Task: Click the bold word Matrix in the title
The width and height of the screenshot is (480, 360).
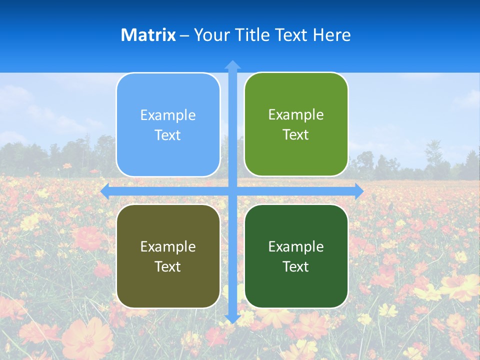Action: coord(148,35)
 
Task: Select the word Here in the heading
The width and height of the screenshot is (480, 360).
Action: coord(331,35)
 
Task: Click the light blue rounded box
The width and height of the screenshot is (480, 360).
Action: coord(168,125)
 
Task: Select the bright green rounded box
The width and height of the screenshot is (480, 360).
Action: coord(296,124)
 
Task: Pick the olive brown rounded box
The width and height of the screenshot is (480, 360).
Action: coord(168,256)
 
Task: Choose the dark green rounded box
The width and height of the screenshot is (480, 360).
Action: coord(296,256)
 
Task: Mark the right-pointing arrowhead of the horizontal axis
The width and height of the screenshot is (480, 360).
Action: coord(359,191)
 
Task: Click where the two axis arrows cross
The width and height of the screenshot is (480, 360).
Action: coord(232,191)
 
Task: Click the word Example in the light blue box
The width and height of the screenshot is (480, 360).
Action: coord(168,115)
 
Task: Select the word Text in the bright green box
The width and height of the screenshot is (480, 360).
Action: coord(296,135)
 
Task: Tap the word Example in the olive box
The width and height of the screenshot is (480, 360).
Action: coord(168,246)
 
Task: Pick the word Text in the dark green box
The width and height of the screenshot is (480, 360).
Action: coord(296,266)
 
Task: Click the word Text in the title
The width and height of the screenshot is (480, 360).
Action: coord(291,35)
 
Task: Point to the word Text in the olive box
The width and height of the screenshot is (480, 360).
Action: coord(168,266)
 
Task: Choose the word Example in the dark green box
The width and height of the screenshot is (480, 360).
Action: coord(296,246)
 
